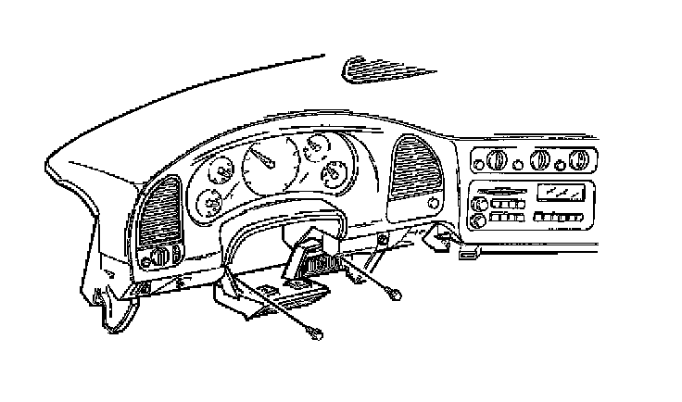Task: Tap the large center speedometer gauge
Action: pos(270,167)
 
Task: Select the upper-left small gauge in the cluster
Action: pos(222,172)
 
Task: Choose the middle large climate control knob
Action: pos(538,160)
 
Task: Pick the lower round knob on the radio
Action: pos(478,220)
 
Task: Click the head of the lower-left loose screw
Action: pos(321,333)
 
